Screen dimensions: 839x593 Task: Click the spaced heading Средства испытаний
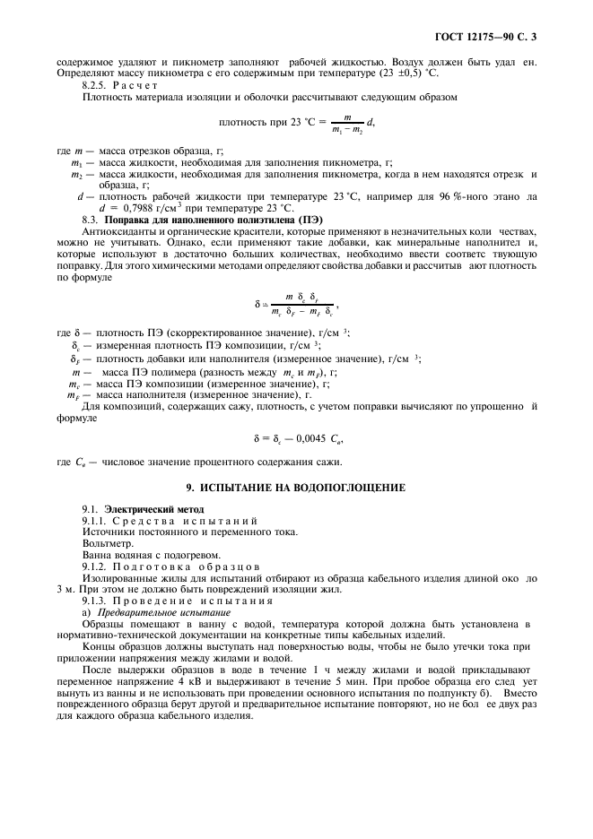click(x=183, y=521)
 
